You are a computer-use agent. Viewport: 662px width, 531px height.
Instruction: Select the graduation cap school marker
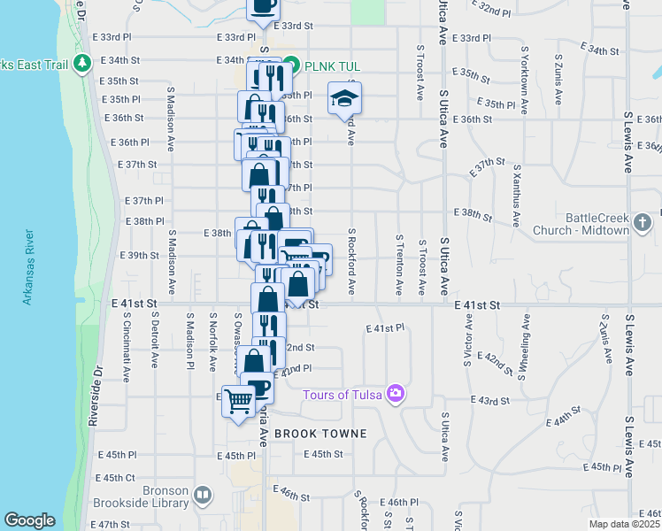coord(344,98)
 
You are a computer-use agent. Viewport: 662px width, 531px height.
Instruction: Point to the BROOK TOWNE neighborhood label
coord(308,434)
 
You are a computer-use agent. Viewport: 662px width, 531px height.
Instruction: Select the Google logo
coord(29,520)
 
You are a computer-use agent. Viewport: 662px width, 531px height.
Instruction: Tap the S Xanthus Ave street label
coord(516,191)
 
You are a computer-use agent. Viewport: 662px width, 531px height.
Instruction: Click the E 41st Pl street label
coord(385,327)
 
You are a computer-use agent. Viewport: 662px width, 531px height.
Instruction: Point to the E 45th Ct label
coord(118,477)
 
